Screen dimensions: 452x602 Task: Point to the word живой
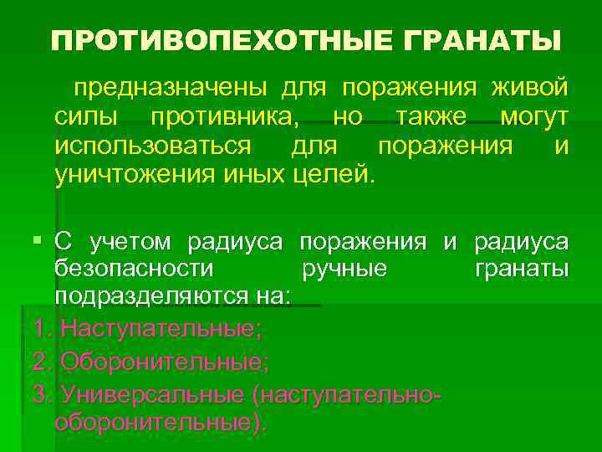point(530,86)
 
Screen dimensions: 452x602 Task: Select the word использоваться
point(150,146)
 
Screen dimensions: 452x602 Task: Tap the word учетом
point(133,242)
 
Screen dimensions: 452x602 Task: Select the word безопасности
point(134,269)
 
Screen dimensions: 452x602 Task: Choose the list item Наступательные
point(161,328)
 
